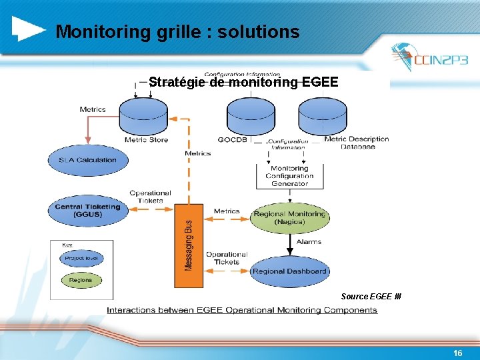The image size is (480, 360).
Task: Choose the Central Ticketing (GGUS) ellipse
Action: (87, 210)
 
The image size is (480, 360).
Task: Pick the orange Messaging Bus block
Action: (189, 246)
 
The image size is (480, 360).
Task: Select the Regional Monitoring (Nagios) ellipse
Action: (289, 217)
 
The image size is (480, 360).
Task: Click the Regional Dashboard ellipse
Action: (289, 271)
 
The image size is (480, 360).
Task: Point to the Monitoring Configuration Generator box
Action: (289, 176)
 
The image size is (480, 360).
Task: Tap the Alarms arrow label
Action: (308, 242)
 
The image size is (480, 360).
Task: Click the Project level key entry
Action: (81, 258)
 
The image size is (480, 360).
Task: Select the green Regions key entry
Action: (81, 280)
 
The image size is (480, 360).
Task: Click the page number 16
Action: (457, 353)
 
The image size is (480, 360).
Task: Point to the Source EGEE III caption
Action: (371, 296)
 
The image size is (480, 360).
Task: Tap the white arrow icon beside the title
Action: (29, 28)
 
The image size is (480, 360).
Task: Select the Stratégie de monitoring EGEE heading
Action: (243, 83)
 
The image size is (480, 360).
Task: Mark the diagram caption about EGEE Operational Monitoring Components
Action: (242, 310)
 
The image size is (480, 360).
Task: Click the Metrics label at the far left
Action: (93, 109)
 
